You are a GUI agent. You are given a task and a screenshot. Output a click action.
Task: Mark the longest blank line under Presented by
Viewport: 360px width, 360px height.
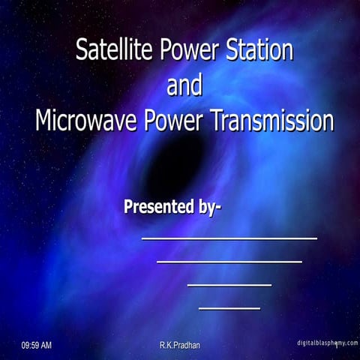coord(229,238)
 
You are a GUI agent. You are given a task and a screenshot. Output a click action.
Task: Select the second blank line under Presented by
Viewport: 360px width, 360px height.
coord(229,262)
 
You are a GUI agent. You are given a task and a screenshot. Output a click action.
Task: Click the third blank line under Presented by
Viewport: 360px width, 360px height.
coord(229,285)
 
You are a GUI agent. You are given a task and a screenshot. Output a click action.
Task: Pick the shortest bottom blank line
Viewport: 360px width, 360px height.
coord(229,307)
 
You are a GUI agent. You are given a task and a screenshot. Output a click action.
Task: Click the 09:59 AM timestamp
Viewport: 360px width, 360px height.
coord(37,345)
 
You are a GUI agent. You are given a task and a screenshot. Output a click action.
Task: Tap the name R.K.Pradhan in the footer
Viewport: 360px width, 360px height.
coord(180,345)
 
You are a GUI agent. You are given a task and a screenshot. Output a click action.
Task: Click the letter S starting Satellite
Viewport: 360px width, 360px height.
coord(82,50)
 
